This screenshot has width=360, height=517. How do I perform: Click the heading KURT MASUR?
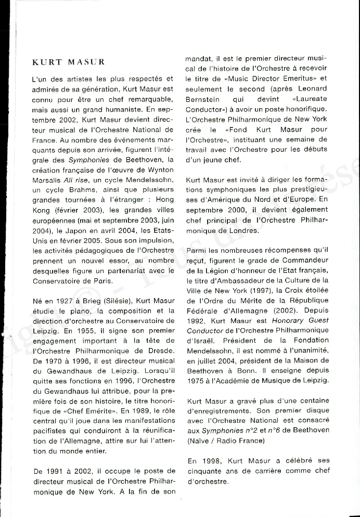(x=68, y=62)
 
